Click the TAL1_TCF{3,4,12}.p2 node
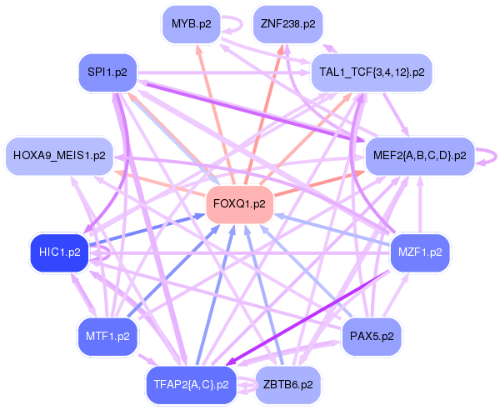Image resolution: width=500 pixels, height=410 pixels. pyautogui.click(x=371, y=72)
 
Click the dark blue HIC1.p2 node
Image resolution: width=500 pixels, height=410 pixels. pyautogui.click(x=59, y=252)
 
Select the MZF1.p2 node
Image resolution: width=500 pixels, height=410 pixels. pyautogui.click(x=420, y=252)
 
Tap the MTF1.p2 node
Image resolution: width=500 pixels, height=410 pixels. pyautogui.click(x=107, y=336)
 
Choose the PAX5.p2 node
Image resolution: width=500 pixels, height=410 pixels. pyautogui.click(x=372, y=336)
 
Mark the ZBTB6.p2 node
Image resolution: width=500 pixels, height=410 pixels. pyautogui.click(x=287, y=384)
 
